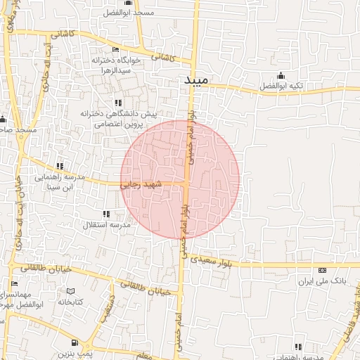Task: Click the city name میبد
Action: click(x=197, y=82)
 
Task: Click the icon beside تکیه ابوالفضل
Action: click(x=281, y=76)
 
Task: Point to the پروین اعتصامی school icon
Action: click(x=117, y=103)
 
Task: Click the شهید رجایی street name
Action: click(x=141, y=184)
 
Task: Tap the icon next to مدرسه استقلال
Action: click(x=106, y=214)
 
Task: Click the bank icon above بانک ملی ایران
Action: click(x=322, y=270)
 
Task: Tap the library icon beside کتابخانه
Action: click(x=70, y=291)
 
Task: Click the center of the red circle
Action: click(x=180, y=179)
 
